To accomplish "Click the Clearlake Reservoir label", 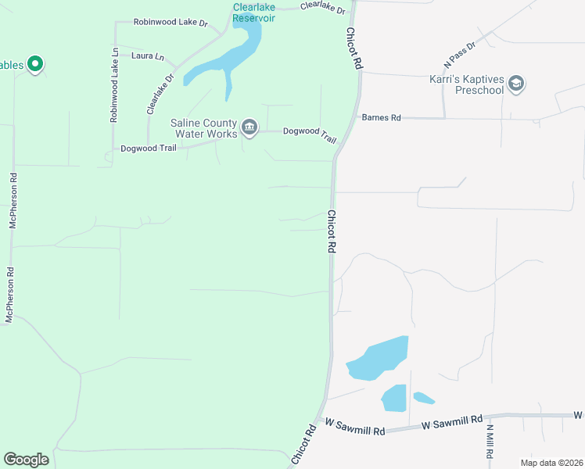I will tap(253, 13).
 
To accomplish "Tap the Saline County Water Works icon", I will tap(249, 127).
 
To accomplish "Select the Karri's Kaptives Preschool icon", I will tap(516, 84).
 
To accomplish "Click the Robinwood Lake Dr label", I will tap(170, 23).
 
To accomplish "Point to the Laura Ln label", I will tap(148, 56).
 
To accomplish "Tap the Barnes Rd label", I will tap(381, 118).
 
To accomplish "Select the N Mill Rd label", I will tap(490, 441).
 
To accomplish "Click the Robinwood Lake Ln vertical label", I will tap(114, 85).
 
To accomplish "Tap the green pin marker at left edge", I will tap(34, 64).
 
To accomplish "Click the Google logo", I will tap(26, 460).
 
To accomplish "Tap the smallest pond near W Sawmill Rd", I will tap(423, 398).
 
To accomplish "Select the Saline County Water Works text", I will tap(203, 128).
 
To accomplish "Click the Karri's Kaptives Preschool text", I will tap(467, 84).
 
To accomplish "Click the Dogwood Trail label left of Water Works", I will tap(149, 148).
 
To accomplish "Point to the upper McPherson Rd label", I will tap(13, 199).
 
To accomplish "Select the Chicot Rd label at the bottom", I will tap(303, 446).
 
